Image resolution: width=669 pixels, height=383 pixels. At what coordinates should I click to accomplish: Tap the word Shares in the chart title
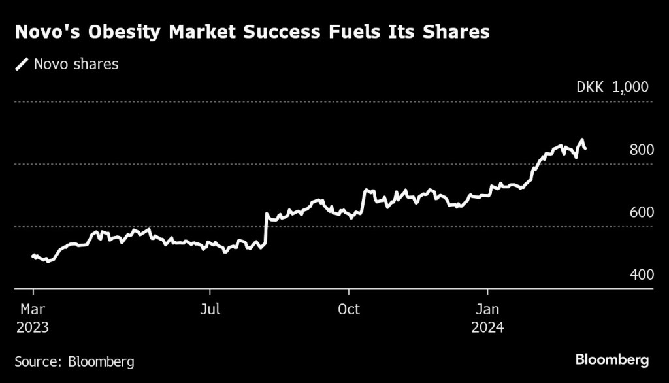[x=455, y=32]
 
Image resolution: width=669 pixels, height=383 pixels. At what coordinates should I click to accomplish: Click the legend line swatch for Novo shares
[x=22, y=64]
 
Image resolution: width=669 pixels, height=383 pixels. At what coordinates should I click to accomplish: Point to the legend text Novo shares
[x=76, y=64]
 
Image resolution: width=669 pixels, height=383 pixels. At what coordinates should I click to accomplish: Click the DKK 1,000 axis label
[x=612, y=87]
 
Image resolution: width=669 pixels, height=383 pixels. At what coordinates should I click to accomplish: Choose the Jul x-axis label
[x=210, y=309]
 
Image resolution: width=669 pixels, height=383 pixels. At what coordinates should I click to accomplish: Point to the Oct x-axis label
[x=349, y=309]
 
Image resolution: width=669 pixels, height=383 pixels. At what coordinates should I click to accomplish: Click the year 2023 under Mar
[x=33, y=326]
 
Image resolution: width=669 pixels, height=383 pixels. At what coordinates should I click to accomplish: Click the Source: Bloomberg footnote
[x=74, y=361]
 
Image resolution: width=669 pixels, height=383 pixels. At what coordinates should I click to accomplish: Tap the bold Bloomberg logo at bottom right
[x=612, y=359]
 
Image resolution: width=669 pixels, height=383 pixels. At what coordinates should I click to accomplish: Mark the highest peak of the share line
[x=581, y=140]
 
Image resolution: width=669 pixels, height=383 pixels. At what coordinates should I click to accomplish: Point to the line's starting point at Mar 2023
[x=33, y=256]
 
